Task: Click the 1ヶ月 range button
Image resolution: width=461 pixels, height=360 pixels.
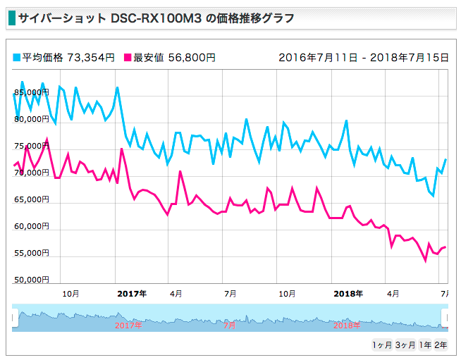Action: tap(381, 345)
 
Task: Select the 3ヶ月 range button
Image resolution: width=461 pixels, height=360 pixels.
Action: tap(405, 345)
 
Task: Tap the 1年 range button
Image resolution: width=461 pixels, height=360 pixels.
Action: tap(425, 345)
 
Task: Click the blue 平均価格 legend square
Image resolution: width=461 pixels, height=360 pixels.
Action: tap(17, 58)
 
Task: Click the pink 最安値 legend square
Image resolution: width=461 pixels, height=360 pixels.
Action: tap(128, 58)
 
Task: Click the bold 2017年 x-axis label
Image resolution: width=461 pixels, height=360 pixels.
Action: tap(131, 293)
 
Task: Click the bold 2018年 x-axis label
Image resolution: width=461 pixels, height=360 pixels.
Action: tap(348, 293)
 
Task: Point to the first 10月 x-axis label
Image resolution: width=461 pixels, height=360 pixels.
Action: tap(70, 293)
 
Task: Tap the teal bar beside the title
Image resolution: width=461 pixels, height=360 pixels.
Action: tap(11, 18)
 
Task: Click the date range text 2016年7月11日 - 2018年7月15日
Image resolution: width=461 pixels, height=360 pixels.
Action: tap(363, 58)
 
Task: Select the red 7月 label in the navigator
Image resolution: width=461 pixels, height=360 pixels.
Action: tap(230, 325)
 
